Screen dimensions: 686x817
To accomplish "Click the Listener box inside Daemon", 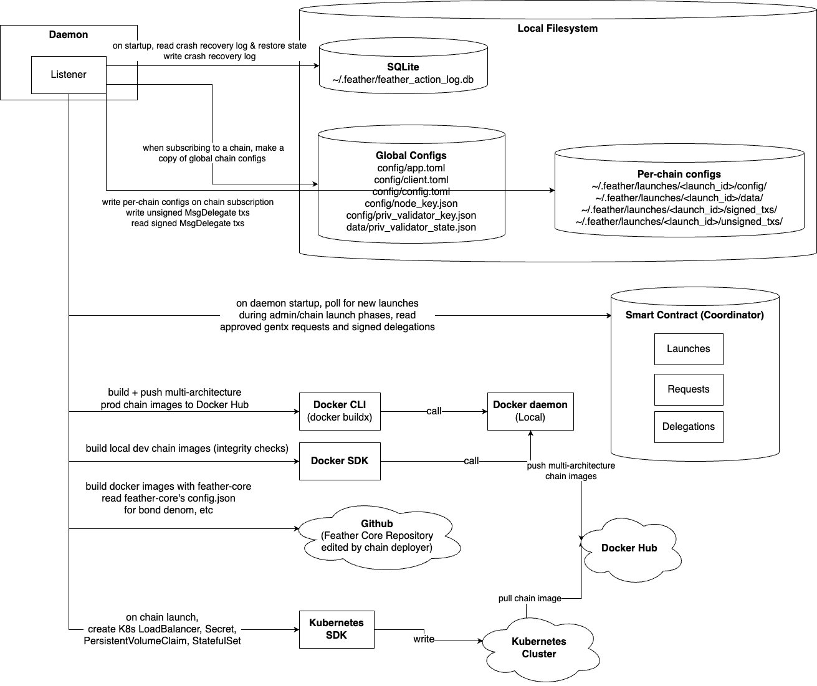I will point(69,75).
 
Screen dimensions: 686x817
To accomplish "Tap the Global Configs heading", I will point(411,156).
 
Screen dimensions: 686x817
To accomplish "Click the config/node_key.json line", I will point(411,204).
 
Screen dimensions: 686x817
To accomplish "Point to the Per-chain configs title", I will point(679,174).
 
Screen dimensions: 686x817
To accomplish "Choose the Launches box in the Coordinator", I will point(688,349).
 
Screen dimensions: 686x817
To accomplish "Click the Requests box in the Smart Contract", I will point(688,389).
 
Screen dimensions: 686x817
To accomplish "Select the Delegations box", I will point(688,427).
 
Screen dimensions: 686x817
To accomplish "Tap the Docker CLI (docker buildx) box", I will point(340,411).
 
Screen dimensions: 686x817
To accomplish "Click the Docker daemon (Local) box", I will point(530,411).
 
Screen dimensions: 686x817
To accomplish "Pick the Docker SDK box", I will point(340,461).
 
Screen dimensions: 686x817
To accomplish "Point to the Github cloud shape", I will point(376,536).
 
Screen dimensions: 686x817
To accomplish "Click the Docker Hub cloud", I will point(629,548).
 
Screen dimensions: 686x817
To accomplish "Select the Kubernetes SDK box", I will point(337,629).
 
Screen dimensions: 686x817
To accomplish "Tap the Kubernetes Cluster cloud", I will point(538,648).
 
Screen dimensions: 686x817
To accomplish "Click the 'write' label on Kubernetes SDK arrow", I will point(424,639).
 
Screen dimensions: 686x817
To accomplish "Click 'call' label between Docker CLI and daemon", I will point(434,411).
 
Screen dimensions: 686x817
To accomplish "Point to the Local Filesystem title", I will point(557,29).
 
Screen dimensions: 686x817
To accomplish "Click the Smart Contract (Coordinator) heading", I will point(694,315).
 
